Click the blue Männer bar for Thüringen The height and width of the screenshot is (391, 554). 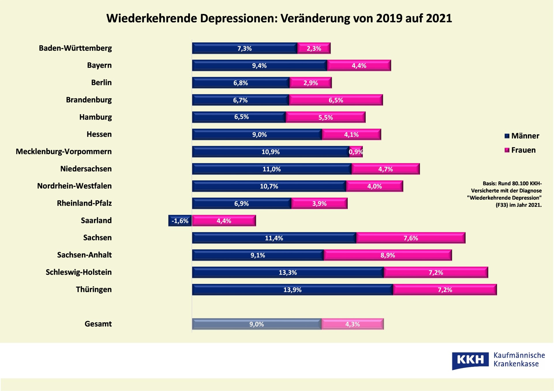pos(292,290)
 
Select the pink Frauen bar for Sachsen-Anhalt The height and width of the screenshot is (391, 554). pos(388,255)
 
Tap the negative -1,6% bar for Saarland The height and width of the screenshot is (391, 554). pos(180,221)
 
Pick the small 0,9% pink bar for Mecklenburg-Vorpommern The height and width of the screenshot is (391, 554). pos(356,152)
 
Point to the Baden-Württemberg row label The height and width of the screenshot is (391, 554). pos(75,48)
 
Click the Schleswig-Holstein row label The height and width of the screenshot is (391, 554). pos(78,272)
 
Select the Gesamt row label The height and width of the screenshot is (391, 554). pos(98,324)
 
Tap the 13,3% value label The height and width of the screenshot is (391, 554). pos(288,272)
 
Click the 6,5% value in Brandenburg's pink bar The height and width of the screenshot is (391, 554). pos(336,100)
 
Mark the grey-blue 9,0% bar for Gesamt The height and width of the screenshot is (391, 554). pos(257,324)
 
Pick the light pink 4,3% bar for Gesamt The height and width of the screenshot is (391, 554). pos(352,324)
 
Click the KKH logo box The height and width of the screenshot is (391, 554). pos(470,360)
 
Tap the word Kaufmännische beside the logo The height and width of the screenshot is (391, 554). pos(519,355)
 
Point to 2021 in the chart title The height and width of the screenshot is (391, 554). pos(439,18)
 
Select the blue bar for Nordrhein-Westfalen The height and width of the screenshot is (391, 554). pos(269,186)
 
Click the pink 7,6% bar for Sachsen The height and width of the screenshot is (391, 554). pos(411,238)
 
